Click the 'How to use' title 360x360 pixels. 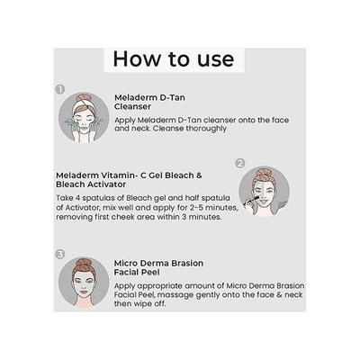point(173,60)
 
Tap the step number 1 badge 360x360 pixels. point(60,89)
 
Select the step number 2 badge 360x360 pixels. point(240,163)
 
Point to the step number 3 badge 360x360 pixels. point(60,253)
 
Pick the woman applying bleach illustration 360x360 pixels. point(265,191)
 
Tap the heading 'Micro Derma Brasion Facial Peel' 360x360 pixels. point(158,269)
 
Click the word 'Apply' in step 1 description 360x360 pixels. point(126,119)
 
